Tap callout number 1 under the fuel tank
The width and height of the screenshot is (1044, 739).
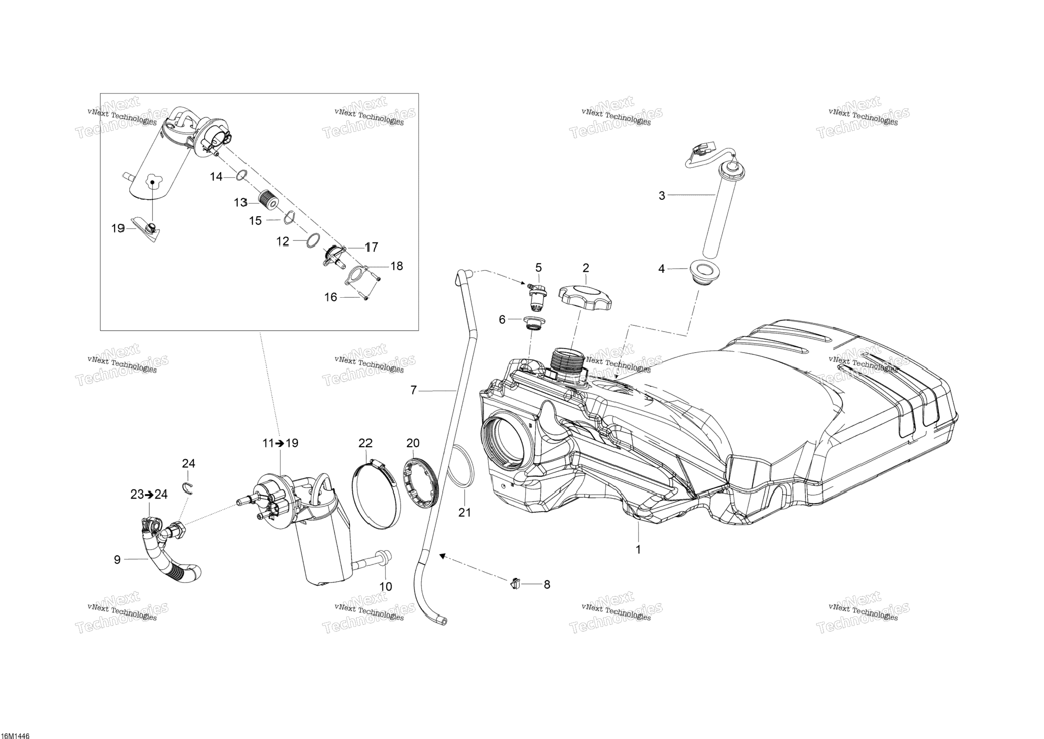pyautogui.click(x=638, y=549)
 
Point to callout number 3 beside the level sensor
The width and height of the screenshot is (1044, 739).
pyautogui.click(x=662, y=195)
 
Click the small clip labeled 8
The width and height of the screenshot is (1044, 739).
pyautogui.click(x=516, y=583)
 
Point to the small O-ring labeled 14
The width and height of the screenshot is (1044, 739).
pyautogui.click(x=241, y=176)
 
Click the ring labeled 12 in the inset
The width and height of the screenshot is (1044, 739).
pyautogui.click(x=312, y=240)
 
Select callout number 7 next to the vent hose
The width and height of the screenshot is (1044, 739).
pyautogui.click(x=413, y=390)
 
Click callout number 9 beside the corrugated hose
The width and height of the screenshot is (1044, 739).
pyautogui.click(x=117, y=560)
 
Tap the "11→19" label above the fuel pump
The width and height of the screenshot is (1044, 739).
pyautogui.click(x=280, y=443)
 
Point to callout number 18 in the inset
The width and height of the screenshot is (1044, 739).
pyautogui.click(x=397, y=266)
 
